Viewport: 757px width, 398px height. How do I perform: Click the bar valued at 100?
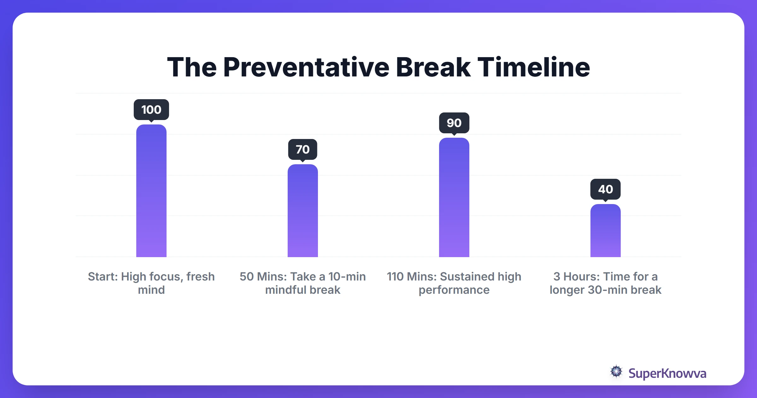tap(151, 191)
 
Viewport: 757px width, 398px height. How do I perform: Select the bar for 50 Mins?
tap(303, 211)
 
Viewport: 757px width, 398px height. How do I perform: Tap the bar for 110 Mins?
tap(454, 197)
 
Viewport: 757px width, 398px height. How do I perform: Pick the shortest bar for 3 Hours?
tap(605, 231)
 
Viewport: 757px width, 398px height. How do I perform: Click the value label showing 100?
tap(151, 110)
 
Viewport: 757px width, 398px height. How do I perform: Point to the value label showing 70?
tap(303, 149)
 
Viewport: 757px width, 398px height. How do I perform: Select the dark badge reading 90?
tap(454, 123)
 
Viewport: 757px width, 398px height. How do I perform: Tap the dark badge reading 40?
tap(605, 189)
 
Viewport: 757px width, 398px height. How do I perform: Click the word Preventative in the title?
tap(306, 67)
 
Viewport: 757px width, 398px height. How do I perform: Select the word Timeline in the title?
tap(533, 67)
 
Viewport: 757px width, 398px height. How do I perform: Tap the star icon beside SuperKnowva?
tap(616, 372)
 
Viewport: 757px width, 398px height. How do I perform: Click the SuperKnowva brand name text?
tap(667, 373)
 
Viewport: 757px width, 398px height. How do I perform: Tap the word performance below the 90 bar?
tap(454, 290)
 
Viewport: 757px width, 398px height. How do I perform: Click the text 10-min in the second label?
tap(347, 276)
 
